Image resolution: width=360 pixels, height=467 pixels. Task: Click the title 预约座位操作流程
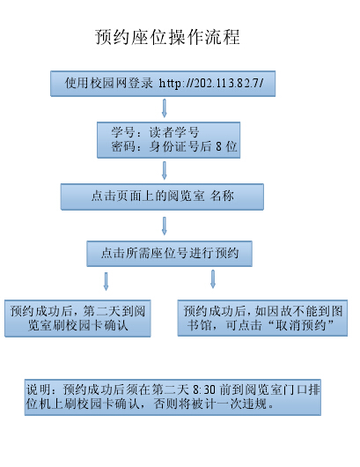(x=167, y=37)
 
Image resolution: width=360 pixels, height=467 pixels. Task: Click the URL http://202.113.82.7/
(x=211, y=83)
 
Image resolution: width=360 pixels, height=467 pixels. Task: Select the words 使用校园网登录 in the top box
(x=108, y=83)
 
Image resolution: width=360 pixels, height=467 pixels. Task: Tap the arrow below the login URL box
(x=164, y=108)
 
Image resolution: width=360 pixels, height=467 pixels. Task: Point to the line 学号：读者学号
(x=155, y=132)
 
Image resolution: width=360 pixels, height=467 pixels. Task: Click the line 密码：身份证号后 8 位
(x=174, y=146)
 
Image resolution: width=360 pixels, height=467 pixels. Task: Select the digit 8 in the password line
(x=218, y=146)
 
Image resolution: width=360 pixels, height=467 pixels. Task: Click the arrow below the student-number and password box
(x=164, y=170)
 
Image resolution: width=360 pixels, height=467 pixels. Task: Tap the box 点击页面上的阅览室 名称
(x=162, y=196)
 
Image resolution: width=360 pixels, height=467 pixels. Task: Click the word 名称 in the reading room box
(x=222, y=196)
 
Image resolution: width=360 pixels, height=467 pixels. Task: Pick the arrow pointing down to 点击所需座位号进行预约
(x=164, y=226)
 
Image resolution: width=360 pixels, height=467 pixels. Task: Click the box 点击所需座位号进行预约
(x=169, y=254)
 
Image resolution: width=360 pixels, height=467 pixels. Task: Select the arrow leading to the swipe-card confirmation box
(x=106, y=281)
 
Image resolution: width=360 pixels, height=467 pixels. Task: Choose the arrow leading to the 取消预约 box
(x=213, y=279)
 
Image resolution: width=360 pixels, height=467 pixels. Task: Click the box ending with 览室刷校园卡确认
(x=77, y=318)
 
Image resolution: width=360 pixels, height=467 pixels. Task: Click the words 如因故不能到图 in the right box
(x=299, y=311)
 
